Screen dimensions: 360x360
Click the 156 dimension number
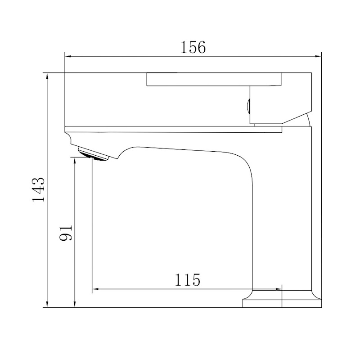click(193, 47)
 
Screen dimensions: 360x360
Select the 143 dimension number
click(38, 189)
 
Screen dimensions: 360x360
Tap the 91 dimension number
click(66, 232)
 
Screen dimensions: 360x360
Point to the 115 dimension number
click(187, 279)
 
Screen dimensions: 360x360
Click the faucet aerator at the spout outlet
click(93, 154)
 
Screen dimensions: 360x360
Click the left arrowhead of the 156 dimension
click(68, 56)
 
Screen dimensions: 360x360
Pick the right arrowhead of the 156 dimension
click(318, 56)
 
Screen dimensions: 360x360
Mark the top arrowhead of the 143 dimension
click(47, 76)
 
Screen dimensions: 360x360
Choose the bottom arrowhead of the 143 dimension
click(47, 304)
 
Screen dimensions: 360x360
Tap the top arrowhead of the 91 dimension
click(75, 161)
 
